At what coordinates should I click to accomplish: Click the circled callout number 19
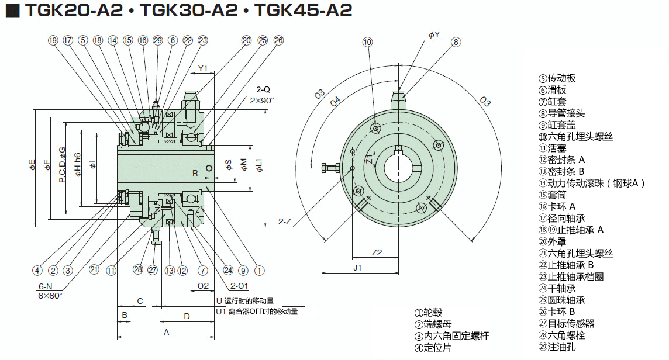tap(53, 40)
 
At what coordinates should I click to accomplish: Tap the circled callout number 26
tap(278, 40)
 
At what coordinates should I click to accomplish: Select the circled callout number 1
tap(259, 270)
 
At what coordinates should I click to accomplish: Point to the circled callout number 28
tap(138, 270)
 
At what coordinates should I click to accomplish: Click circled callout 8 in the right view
tap(456, 41)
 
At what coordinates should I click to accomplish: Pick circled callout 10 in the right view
tap(367, 41)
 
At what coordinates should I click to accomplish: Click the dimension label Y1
tap(202, 68)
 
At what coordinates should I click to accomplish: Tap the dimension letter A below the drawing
tap(166, 332)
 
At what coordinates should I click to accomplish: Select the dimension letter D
tap(187, 316)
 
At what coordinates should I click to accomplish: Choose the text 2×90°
tap(261, 100)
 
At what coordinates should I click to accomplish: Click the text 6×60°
tap(50, 296)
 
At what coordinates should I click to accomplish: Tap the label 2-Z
tap(285, 221)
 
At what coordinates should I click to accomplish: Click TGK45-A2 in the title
tap(304, 11)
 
